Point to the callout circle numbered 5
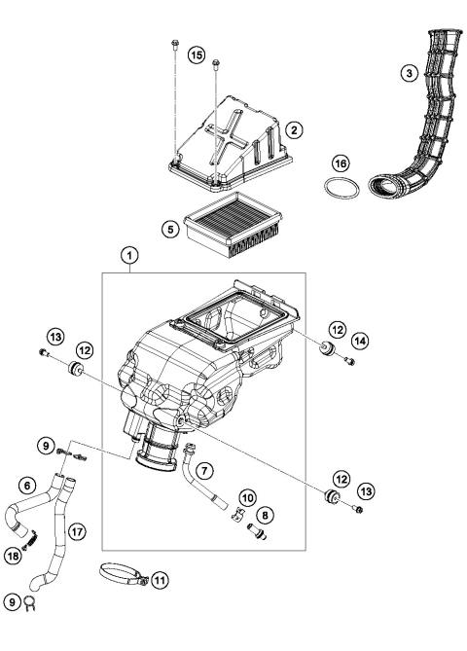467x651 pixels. coord(169,230)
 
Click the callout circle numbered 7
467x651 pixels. coord(204,471)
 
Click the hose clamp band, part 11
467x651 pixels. coord(122,574)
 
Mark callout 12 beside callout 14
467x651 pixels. coord(337,329)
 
